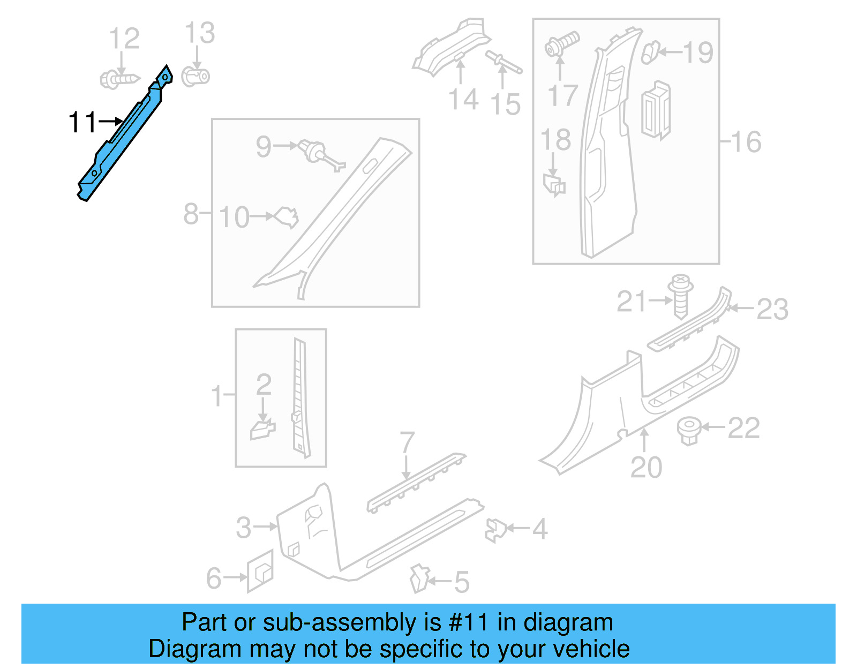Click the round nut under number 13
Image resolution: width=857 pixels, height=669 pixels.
coord(196,77)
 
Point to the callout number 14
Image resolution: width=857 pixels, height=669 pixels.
coord(463,100)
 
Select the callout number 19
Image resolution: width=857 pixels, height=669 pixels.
coord(698,52)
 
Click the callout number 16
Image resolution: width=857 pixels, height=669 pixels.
coord(746,142)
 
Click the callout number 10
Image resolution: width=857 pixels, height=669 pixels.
coord(234,217)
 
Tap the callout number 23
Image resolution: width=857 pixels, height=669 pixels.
coord(772,309)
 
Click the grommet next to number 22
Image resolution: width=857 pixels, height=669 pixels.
coord(689,430)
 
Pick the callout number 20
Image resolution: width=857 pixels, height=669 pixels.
coord(646,467)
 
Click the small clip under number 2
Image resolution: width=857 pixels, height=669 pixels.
coord(262,430)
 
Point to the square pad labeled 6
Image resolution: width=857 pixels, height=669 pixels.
coord(260,571)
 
